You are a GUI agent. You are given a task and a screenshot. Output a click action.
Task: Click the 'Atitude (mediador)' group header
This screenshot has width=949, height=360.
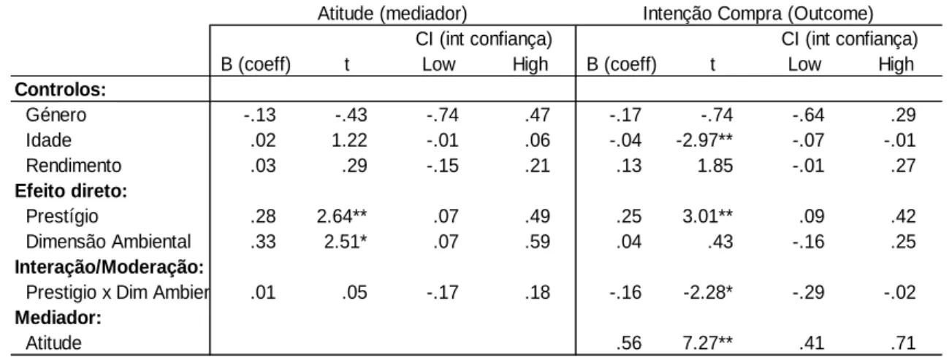point(392,14)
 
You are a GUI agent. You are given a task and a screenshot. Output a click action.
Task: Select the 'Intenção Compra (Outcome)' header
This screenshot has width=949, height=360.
point(758,14)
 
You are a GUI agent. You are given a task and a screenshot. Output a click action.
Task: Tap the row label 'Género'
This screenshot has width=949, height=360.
point(56,115)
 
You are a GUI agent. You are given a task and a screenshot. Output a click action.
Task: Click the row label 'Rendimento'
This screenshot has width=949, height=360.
point(74,166)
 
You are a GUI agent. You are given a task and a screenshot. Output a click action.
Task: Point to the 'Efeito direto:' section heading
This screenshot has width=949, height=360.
point(71,191)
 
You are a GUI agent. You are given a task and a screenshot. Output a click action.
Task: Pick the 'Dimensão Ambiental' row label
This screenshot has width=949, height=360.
point(108,242)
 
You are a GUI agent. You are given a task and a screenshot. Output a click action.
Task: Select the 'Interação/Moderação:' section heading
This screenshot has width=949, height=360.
point(110,267)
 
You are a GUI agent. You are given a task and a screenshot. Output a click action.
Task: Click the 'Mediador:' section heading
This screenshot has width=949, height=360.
point(58,317)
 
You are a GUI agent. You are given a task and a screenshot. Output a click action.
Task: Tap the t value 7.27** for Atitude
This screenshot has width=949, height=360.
point(707,342)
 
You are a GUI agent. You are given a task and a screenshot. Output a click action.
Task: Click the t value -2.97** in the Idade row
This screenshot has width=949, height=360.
point(704,140)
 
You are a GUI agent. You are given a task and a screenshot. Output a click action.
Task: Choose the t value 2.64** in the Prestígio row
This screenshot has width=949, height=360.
point(341,216)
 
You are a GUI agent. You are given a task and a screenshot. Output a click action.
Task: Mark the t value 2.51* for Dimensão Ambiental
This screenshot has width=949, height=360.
point(346,242)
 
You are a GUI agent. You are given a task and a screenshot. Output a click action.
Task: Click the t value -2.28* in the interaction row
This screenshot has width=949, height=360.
point(707,292)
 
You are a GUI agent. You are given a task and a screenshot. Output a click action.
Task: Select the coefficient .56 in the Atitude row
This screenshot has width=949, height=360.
point(629,342)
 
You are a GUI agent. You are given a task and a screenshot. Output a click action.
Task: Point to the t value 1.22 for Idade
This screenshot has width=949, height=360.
point(349,140)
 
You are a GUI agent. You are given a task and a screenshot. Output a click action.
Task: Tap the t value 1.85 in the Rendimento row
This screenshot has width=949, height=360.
point(715,166)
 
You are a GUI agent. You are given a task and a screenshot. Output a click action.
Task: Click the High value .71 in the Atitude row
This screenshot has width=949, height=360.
point(903,342)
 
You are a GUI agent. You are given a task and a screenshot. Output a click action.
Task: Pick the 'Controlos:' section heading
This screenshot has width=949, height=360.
point(60,89)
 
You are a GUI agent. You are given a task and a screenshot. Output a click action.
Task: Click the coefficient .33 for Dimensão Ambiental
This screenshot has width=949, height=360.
point(263,242)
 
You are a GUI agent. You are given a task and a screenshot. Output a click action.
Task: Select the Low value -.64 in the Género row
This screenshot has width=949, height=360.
point(808,115)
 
